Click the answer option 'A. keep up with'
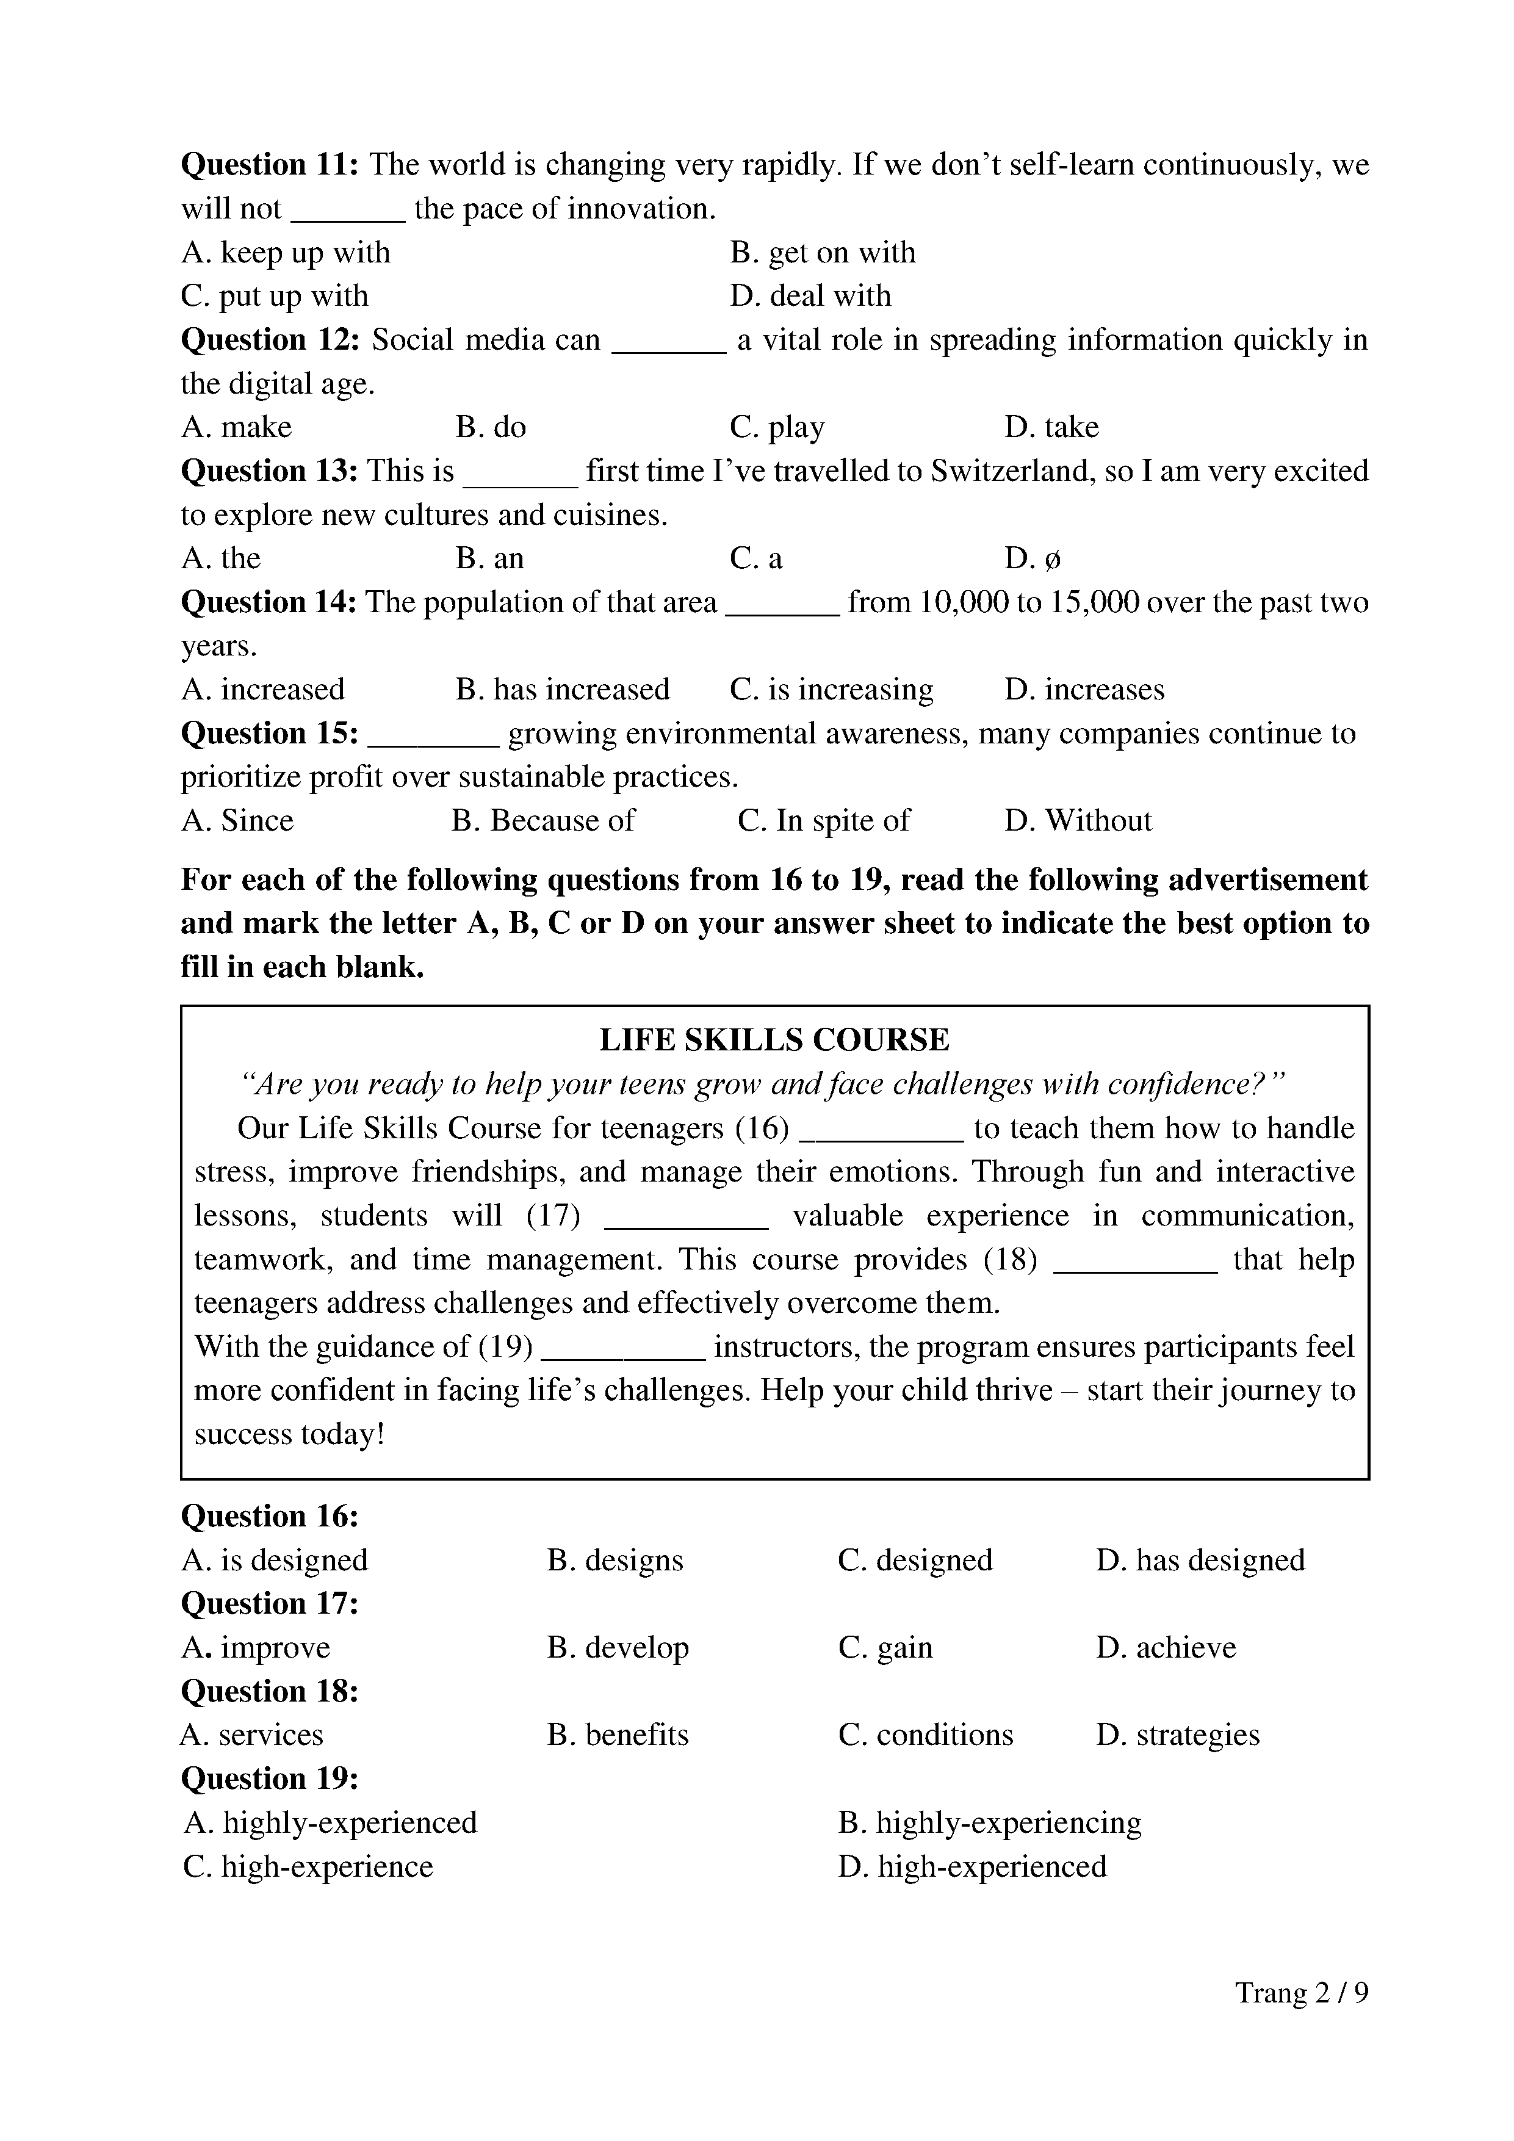tap(285, 253)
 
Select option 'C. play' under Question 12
tap(777, 427)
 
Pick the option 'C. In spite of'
tap(823, 821)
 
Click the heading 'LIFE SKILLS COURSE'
tap(774, 1040)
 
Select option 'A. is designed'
tap(275, 1560)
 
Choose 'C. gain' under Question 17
tap(885, 1648)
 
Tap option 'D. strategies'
tap(1177, 1735)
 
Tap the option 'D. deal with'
tap(810, 297)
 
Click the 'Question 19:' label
tap(270, 1778)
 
